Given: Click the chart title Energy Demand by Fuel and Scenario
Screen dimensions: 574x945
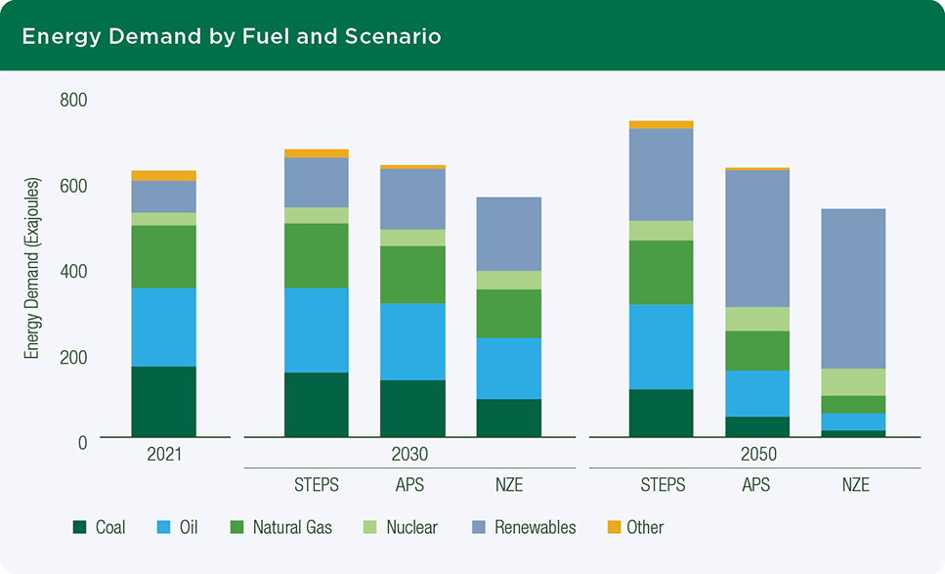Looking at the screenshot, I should point(232,37).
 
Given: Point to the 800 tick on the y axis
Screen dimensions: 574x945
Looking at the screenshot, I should point(73,100).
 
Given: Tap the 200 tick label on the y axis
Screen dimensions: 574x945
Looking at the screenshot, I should point(73,357).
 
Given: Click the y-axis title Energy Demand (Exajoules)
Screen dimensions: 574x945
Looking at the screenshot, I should point(32,268).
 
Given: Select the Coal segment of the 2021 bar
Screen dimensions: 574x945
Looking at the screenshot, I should point(163,401).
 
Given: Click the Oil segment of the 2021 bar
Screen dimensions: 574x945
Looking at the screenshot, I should point(163,327).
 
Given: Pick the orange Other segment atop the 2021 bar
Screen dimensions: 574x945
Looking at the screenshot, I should point(163,176).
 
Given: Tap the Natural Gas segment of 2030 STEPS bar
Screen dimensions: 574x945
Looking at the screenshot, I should point(317,255).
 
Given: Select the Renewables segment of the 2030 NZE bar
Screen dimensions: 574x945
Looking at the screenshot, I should point(509,234).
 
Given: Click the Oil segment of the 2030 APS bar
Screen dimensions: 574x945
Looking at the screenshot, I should point(412,341).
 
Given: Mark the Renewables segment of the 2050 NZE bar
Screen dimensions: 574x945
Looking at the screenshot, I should point(853,288).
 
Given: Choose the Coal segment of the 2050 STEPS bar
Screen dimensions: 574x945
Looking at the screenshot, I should point(661,413).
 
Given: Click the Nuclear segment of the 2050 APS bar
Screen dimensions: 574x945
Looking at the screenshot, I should point(757,319).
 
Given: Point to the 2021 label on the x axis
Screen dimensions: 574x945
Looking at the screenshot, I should point(163,455).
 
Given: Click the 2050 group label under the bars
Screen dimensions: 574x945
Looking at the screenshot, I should point(757,455).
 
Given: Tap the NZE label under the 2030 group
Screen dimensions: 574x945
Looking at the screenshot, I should point(509,485).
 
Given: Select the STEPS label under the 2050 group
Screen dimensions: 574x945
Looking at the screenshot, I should point(661,485).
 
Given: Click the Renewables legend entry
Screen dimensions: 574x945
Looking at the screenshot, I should point(535,528).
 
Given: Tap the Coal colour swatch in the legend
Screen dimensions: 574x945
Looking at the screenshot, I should point(80,528).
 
